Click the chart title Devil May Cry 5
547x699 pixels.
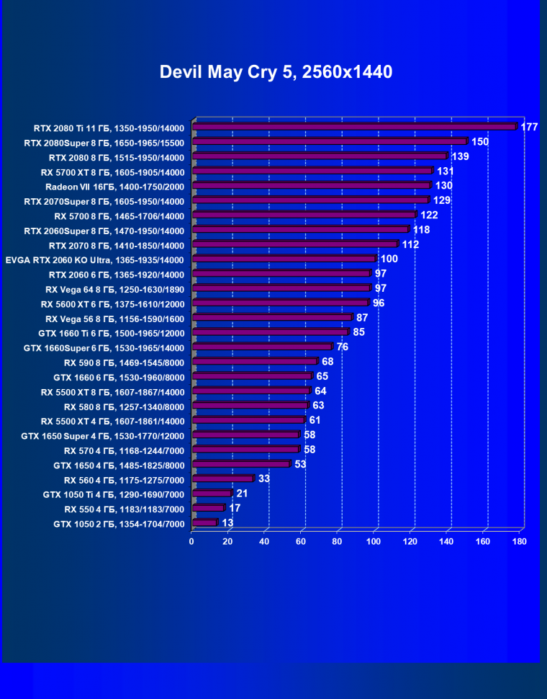pos(276,72)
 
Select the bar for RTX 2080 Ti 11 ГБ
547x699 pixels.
pos(354,127)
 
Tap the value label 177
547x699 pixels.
pos(530,127)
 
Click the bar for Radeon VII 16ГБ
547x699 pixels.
pos(312,186)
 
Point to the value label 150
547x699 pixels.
pos(480,141)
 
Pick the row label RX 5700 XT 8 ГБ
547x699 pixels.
pos(113,172)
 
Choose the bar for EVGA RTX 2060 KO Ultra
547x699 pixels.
pos(284,259)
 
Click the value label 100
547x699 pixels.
pos(389,259)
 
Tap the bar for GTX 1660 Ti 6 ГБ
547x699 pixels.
pos(271,332)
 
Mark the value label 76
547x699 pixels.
pos(343,347)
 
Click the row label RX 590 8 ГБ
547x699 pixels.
pos(124,362)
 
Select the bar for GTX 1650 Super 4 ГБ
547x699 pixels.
pos(245,435)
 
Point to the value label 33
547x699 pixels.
pos(264,478)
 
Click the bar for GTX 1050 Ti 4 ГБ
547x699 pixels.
pos(212,494)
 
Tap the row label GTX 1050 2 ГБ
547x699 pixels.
pos(119,524)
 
